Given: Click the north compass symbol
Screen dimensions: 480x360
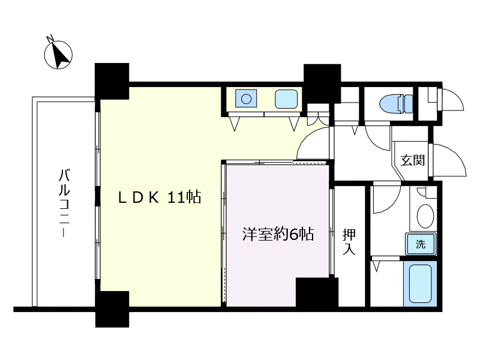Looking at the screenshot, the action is pos(58,55).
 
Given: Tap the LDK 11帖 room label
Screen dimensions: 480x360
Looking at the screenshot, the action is pos(160,197).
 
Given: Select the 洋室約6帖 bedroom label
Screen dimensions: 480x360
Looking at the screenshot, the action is pos(278,235).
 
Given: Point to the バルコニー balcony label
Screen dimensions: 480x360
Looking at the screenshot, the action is pos(65,203).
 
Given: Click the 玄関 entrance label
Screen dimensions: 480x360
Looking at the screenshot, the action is pos(413,160).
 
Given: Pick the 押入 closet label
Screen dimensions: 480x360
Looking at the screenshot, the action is pos(349,242).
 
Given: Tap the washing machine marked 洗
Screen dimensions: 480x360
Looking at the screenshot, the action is pos(421,244).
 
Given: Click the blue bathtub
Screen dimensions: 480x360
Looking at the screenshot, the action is pos(421,283).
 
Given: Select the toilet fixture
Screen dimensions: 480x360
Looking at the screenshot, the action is pos(397,103).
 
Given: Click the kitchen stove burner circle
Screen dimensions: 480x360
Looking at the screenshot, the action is pos(246,99).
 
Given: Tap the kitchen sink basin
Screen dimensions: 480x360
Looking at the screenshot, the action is pos(286,99).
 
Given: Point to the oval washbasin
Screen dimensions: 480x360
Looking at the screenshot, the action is pos(425,216).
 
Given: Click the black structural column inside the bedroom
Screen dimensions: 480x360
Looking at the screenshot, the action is pos(317,292).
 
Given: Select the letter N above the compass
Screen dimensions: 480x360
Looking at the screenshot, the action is pos(50,38).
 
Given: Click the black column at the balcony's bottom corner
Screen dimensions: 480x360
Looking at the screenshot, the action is pos(112,309).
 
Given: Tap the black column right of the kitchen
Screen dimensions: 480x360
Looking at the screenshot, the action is pos(322,83).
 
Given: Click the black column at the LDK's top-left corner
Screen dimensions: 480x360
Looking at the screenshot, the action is pos(112,81).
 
